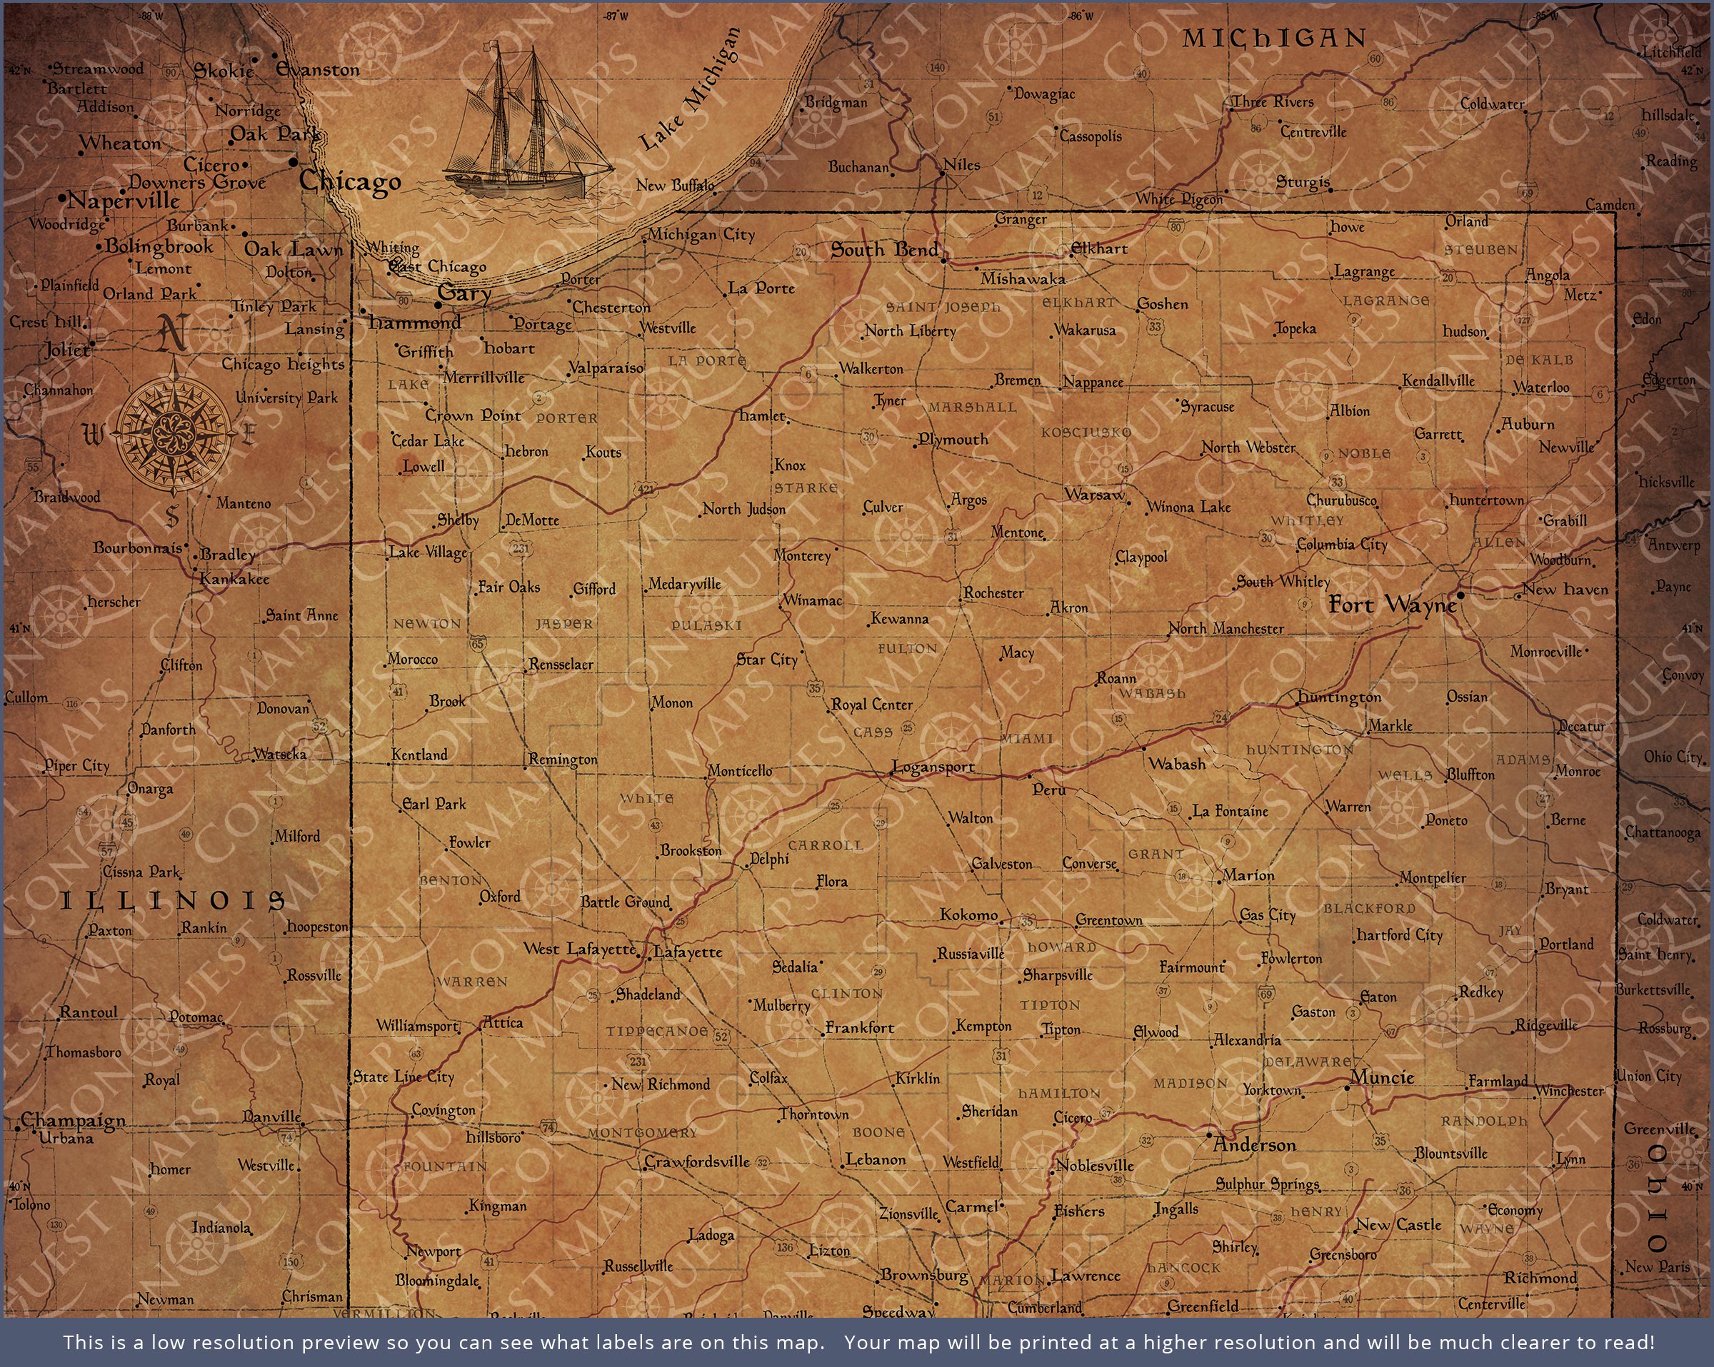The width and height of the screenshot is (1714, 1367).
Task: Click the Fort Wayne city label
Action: click(1392, 605)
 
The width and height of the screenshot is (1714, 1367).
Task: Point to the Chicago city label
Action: click(350, 181)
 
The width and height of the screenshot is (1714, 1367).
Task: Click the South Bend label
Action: click(885, 251)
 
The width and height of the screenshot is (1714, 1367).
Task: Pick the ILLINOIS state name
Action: click(173, 900)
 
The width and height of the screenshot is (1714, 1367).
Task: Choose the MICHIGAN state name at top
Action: click(1273, 37)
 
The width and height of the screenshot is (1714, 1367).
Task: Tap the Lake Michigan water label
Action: click(689, 90)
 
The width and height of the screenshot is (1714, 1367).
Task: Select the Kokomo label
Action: click(968, 914)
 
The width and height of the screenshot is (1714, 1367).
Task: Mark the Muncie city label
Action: click(1383, 1078)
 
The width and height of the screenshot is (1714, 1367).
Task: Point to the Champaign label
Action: click(73, 1120)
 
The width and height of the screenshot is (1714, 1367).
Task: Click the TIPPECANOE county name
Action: click(656, 1031)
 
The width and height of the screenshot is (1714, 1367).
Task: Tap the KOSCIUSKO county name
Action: click(1086, 433)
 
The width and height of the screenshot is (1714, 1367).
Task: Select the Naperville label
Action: click(124, 201)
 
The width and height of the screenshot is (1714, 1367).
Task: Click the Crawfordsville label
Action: click(696, 1162)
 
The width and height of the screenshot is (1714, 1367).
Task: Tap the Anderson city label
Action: click(1255, 1145)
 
